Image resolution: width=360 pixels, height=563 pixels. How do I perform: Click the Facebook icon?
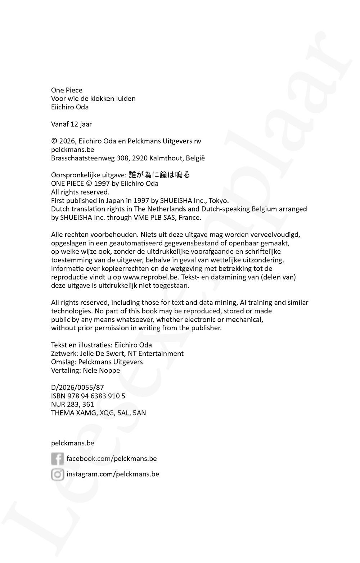pyautogui.click(x=57, y=459)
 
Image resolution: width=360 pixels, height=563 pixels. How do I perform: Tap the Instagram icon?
pyautogui.click(x=57, y=474)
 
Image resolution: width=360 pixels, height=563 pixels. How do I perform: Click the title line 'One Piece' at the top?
pyautogui.click(x=67, y=90)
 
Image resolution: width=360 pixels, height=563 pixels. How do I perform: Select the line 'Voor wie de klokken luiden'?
pyautogui.click(x=93, y=99)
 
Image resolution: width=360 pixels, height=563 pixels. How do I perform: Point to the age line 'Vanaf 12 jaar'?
pyautogui.click(x=71, y=124)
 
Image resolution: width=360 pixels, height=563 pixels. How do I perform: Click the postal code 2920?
pyautogui.click(x=140, y=158)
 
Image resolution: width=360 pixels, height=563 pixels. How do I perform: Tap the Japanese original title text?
pyautogui.click(x=159, y=175)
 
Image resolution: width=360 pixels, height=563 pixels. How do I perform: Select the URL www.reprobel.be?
pyautogui.click(x=151, y=277)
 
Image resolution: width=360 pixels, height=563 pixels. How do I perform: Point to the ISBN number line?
pyautogui.click(x=88, y=396)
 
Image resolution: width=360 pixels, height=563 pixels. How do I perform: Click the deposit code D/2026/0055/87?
pyautogui.click(x=77, y=387)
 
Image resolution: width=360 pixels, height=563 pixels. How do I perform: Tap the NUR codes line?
pyautogui.click(x=72, y=404)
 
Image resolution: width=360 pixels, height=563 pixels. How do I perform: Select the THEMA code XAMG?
pyautogui.click(x=86, y=413)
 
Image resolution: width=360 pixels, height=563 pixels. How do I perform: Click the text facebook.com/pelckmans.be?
pyautogui.click(x=112, y=459)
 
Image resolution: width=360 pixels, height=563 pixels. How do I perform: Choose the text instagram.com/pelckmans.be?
pyautogui.click(x=113, y=474)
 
